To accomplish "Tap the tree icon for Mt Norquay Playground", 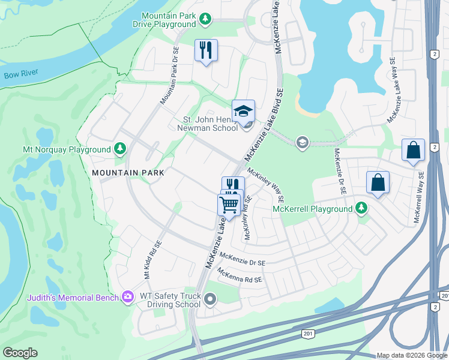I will point(120,149).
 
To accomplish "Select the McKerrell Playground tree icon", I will point(361,208).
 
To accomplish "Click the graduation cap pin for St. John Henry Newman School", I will point(243,112).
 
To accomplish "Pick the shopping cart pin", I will point(229,205).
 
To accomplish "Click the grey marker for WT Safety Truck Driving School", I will point(209,298).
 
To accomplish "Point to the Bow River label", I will point(20,74).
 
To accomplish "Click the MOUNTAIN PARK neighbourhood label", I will point(128,173).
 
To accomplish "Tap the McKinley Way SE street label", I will point(265,183).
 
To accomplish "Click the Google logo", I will point(20,353).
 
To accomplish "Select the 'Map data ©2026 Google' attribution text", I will point(412,355).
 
